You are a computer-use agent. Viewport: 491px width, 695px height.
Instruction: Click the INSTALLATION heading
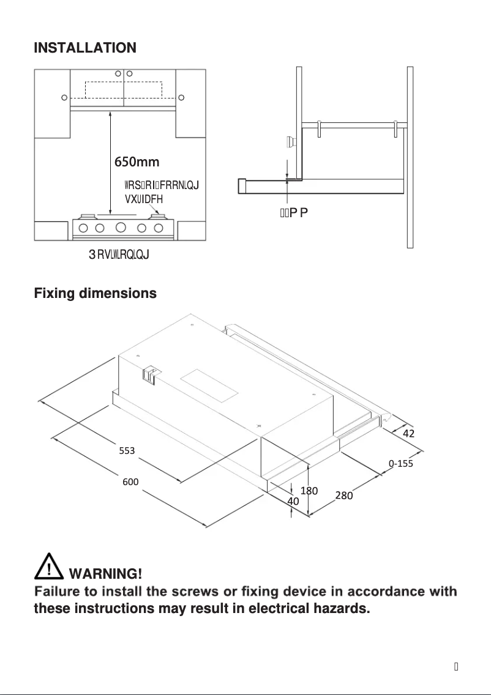point(85,48)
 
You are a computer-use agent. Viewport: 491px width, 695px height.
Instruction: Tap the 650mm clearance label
point(137,162)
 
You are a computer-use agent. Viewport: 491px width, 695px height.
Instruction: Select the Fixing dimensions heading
point(95,294)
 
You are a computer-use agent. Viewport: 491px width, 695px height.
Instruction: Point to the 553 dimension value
point(127,451)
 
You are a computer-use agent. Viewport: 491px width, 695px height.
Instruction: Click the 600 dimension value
point(130,482)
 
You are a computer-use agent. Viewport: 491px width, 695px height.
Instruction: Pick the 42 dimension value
point(409,433)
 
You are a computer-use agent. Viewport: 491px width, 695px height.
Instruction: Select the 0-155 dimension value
point(401,464)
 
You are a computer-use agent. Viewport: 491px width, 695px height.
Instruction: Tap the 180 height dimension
point(309,491)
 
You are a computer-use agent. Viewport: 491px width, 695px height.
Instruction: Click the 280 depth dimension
point(344,496)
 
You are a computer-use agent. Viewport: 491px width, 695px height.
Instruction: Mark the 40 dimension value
point(293,501)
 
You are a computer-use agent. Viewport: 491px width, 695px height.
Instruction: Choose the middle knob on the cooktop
point(121,228)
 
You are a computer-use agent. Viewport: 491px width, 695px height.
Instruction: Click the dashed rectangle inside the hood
point(124,90)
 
